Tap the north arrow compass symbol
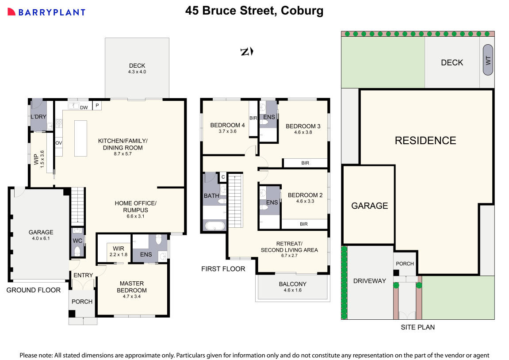coord(246,52)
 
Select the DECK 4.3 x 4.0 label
coord(137,69)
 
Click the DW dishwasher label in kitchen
coord(84,107)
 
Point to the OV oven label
coord(58,143)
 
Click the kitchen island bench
coord(80,138)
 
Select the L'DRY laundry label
coord(38,117)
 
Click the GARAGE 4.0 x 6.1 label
coord(41,235)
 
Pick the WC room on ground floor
coord(77,240)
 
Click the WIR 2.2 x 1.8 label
coord(118,251)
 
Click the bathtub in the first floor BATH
coord(214,226)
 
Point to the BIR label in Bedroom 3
coord(305,163)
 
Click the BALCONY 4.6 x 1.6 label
coord(292,287)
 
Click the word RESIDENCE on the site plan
coord(425,141)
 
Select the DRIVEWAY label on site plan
coord(369,280)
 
